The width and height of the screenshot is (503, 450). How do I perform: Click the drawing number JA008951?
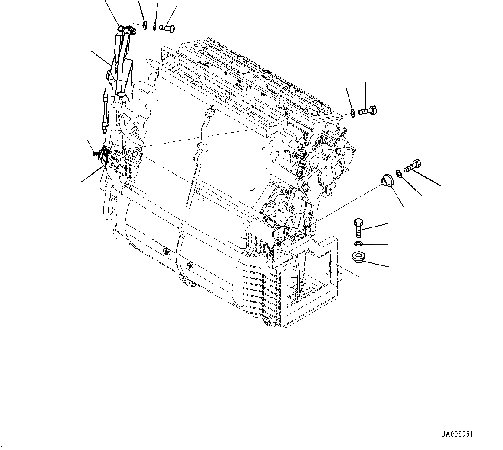457,434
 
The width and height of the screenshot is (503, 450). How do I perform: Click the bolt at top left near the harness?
168,28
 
